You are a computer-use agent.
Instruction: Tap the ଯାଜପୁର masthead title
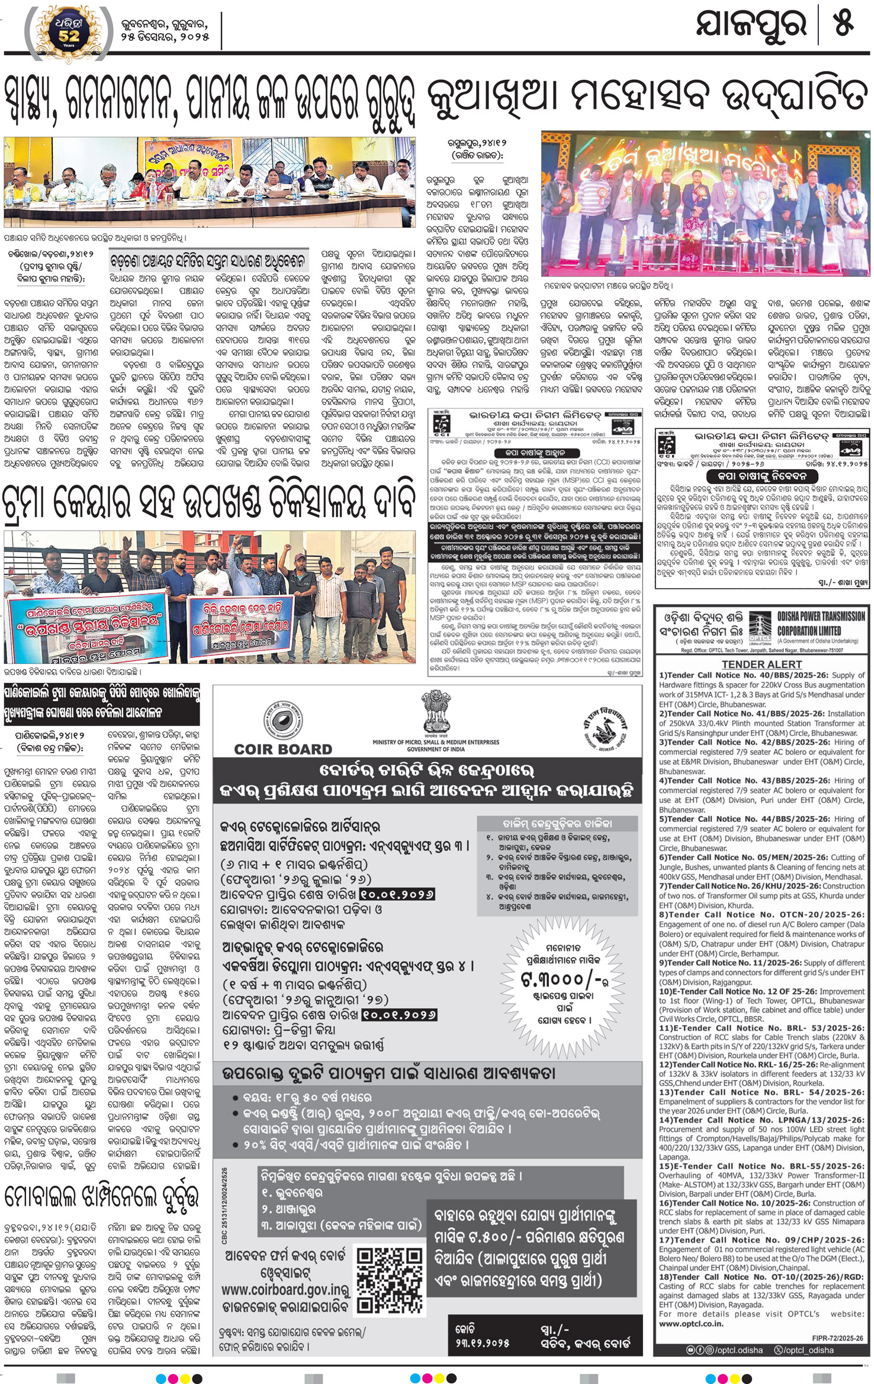pyautogui.click(x=752, y=26)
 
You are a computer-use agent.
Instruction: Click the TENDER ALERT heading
pyautogui.click(x=761, y=664)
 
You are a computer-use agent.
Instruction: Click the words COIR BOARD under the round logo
pyautogui.click(x=283, y=749)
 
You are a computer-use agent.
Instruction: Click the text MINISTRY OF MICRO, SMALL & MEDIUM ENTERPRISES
pyautogui.click(x=435, y=741)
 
